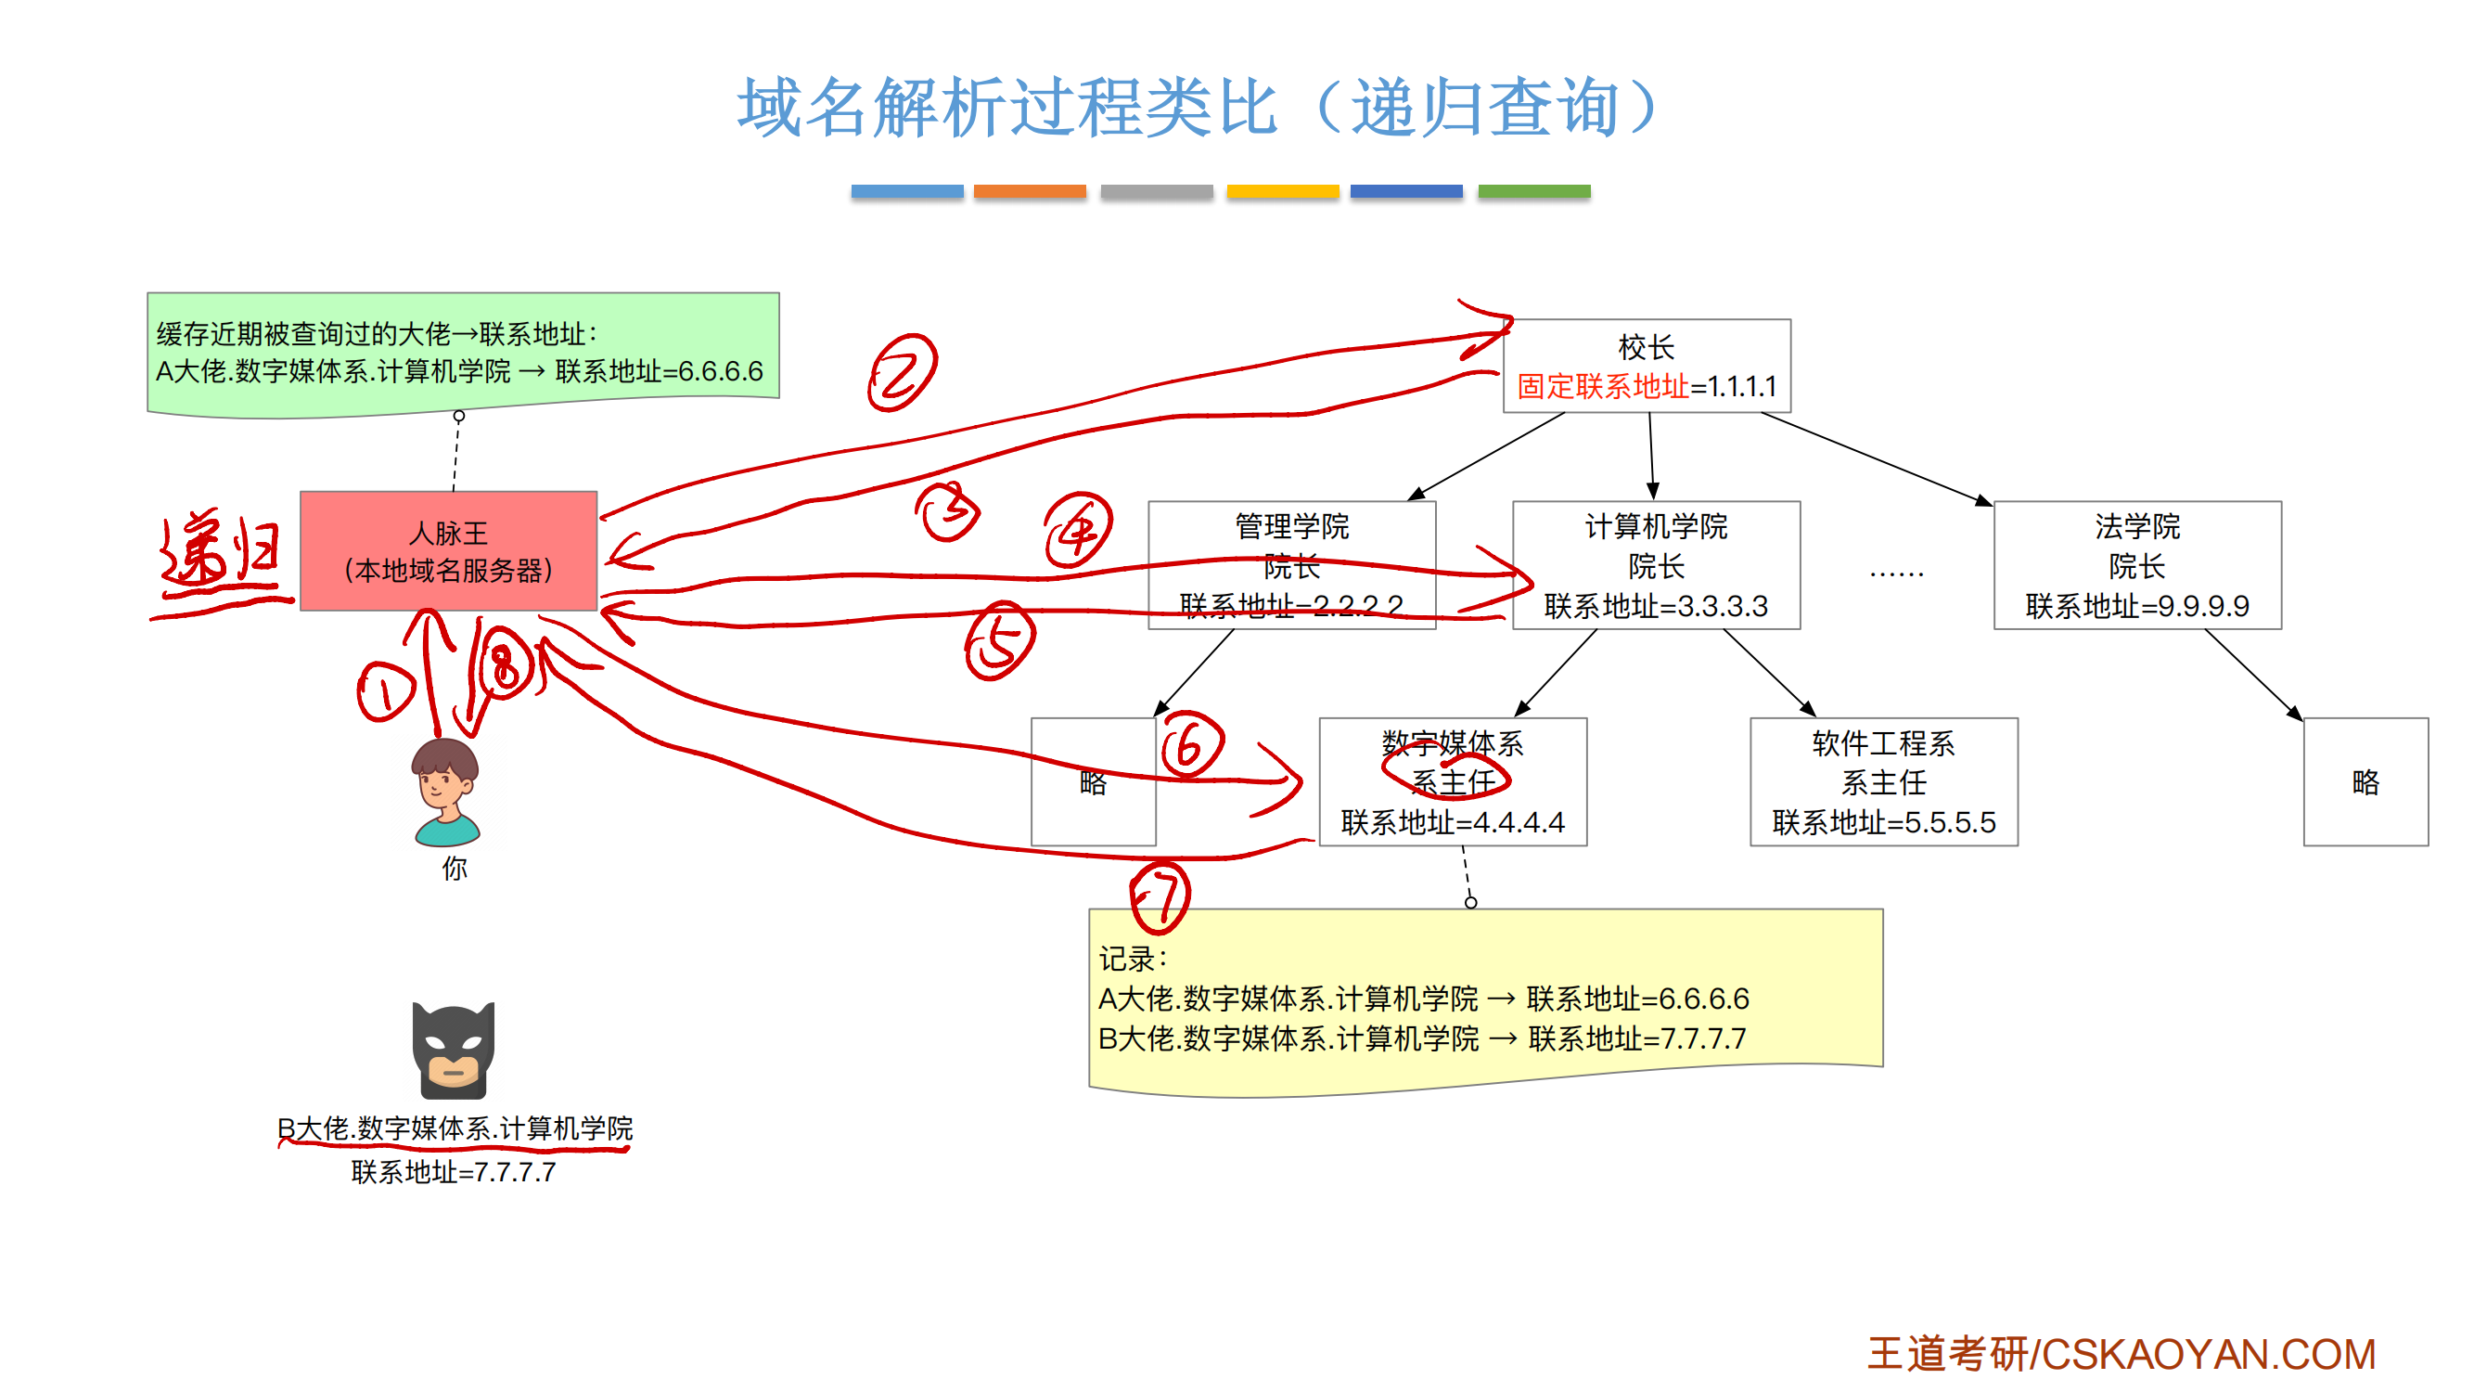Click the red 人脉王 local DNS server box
(x=447, y=550)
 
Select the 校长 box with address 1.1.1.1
(x=1646, y=365)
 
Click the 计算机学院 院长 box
(x=1655, y=565)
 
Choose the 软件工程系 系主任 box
(x=1882, y=781)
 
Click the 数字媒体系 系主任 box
(x=1451, y=781)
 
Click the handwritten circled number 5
(x=999, y=640)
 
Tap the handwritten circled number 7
(x=1160, y=897)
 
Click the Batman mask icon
(x=453, y=1049)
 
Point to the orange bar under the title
(x=1029, y=191)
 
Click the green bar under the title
(x=1532, y=191)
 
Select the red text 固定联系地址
(x=1602, y=386)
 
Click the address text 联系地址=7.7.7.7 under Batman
(x=453, y=1172)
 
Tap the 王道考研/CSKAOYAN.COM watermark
(x=2121, y=1354)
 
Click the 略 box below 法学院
(x=2365, y=781)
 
